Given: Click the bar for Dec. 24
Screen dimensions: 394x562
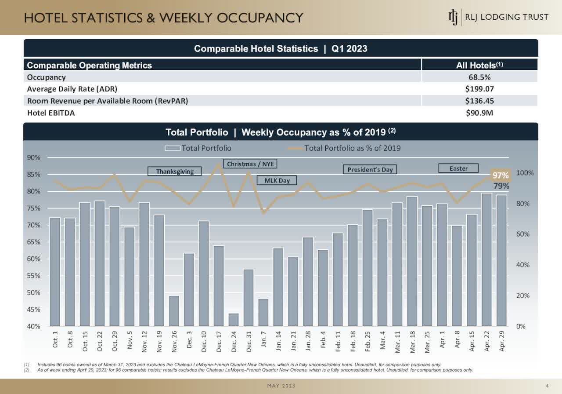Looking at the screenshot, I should pos(234,320).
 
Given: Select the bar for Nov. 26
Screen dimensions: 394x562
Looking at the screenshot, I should pos(174,311).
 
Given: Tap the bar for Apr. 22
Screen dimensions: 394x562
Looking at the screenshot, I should pos(486,259).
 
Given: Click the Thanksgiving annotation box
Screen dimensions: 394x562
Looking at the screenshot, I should pos(174,171).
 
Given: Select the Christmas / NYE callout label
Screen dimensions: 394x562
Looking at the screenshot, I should pos(250,164).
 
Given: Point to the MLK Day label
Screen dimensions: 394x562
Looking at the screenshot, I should pos(277,180).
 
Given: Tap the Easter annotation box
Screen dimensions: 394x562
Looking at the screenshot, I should pos(458,168).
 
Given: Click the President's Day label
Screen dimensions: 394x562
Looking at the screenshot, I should pos(370,169).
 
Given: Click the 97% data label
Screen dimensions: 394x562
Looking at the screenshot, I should pos(500,175).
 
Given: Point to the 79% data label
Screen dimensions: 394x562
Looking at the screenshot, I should pos(501,186).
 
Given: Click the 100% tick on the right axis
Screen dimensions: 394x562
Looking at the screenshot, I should pos(525,173).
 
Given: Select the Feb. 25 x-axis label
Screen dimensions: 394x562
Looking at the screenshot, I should pos(367,342).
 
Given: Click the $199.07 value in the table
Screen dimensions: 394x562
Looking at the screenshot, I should pos(479,89).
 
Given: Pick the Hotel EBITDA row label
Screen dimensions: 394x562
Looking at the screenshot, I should pos(51,112).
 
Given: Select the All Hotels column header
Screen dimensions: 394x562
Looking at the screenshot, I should pos(479,66).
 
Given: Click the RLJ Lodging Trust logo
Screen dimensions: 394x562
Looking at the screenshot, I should pos(498,17).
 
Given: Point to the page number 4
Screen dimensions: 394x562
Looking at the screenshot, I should pos(547,386).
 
